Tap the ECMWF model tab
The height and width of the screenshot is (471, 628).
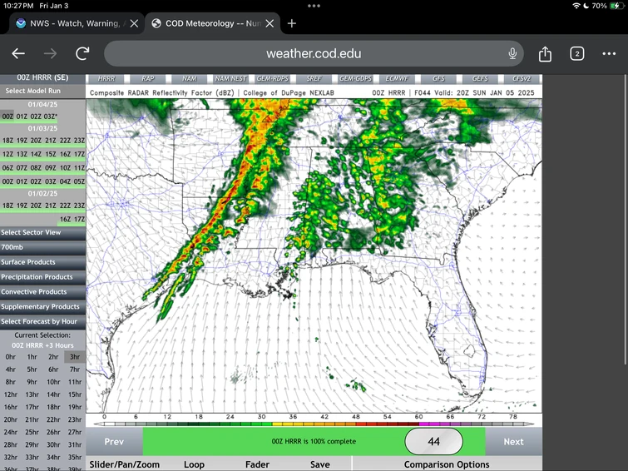tap(396, 78)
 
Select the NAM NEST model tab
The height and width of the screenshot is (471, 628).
tap(227, 78)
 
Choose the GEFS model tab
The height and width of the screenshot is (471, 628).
tap(480, 78)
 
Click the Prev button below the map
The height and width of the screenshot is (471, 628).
tap(114, 442)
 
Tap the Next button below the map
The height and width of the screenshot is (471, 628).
tap(513, 442)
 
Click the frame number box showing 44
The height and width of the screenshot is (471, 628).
tap(433, 442)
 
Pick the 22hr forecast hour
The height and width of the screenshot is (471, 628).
tap(53, 419)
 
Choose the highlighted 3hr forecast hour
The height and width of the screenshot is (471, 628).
tap(75, 356)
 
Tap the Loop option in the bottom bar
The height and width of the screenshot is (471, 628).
tap(194, 464)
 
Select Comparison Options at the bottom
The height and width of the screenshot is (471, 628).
tap(447, 464)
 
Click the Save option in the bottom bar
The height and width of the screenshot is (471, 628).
tap(319, 464)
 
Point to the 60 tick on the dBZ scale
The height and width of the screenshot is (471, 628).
tap(418, 416)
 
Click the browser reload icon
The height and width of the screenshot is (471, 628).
tap(82, 54)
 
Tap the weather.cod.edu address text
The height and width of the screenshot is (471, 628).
tap(314, 54)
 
